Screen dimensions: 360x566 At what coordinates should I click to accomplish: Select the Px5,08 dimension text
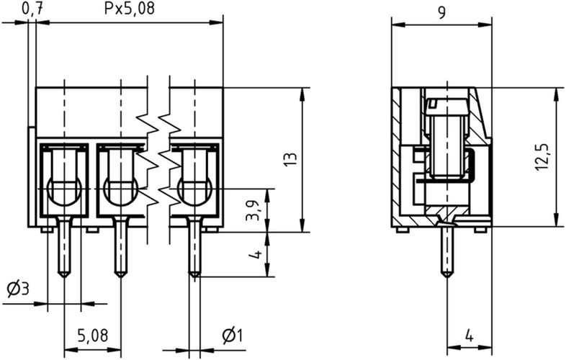(x=130, y=9)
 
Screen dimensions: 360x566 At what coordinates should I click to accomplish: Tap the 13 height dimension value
(x=289, y=160)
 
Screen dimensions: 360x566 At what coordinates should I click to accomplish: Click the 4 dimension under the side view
(x=469, y=336)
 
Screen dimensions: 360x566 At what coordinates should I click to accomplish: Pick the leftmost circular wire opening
(x=63, y=191)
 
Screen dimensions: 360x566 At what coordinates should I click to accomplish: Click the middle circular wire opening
(x=120, y=191)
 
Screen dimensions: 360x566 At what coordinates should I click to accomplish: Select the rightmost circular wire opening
(x=194, y=191)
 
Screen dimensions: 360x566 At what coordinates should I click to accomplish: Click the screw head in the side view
(x=447, y=104)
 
